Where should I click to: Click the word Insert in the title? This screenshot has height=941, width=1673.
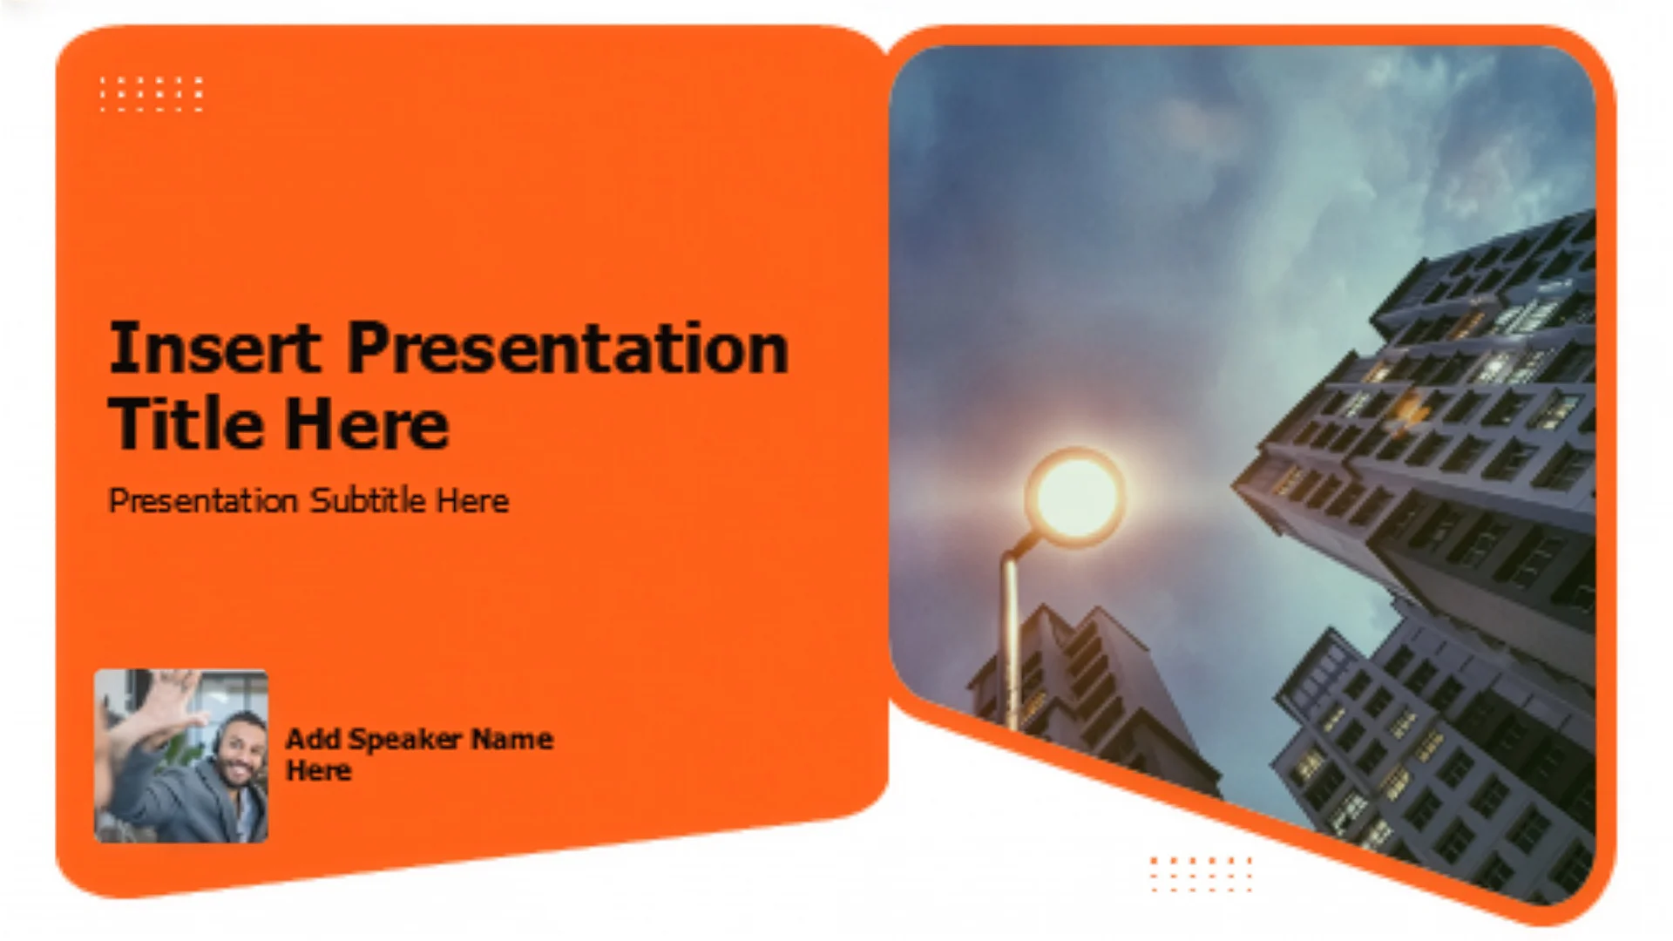(214, 348)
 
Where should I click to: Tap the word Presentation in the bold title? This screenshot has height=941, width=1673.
(568, 348)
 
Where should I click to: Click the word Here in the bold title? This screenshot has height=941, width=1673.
(367, 423)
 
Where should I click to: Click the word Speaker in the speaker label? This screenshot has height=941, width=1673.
(405, 740)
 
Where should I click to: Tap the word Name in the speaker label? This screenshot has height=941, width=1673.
(512, 739)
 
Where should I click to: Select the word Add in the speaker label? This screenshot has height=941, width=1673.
(313, 739)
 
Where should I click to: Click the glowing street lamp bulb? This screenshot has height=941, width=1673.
(1075, 496)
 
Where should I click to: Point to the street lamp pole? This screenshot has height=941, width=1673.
(1012, 636)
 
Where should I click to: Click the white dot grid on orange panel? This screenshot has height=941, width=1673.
(152, 94)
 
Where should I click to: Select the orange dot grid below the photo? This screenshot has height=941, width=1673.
(1201, 874)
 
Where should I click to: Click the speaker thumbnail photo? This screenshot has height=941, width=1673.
(181, 755)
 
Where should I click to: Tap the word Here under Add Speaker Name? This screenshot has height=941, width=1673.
(319, 771)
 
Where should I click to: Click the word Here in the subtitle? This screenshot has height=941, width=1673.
(472, 500)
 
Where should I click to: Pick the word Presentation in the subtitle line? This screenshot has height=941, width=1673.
(203, 500)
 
